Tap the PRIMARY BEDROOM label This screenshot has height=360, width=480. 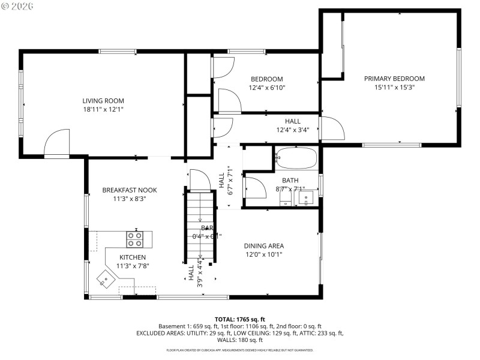point(394,79)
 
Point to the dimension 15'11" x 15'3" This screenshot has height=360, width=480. point(394,87)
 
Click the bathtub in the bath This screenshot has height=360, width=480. point(296,160)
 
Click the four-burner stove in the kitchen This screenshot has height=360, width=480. point(135,239)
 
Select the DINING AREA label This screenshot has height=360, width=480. point(263,246)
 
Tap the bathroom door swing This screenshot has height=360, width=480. point(255,188)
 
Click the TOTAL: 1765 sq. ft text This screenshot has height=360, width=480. point(239,319)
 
